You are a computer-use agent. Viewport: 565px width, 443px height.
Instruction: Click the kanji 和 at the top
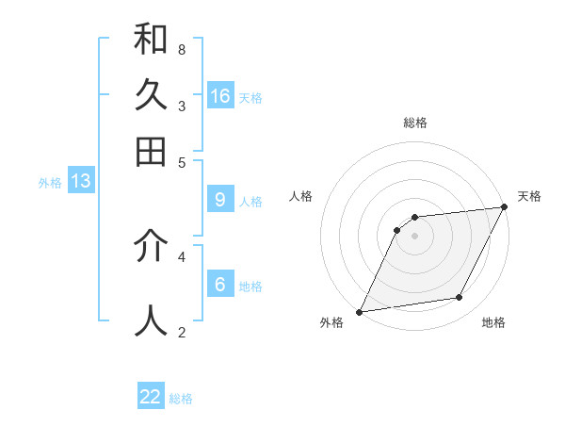point(151,40)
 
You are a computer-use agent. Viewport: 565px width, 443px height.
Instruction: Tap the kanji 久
point(151,95)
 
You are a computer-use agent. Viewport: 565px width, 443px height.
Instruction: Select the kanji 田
point(151,152)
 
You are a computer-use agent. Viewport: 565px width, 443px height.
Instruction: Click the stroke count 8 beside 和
point(181,49)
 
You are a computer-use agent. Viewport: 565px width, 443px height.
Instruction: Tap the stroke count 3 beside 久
point(181,106)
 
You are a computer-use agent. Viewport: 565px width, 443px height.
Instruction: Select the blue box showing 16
point(220,96)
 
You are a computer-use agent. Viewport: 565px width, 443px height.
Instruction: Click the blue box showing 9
point(220,200)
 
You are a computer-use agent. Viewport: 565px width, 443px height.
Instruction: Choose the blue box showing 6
point(220,285)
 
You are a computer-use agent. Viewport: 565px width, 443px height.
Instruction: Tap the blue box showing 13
point(81,181)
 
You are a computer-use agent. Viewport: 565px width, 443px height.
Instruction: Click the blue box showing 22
point(151,397)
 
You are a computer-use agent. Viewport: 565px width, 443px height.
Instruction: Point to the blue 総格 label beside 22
point(182,399)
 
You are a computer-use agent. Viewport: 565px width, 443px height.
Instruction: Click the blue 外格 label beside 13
point(50,183)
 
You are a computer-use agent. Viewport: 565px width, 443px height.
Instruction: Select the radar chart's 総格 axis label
point(415,123)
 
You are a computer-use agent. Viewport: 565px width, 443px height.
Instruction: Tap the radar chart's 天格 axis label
point(529,196)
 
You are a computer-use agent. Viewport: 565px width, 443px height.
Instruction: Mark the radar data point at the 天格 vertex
point(505,207)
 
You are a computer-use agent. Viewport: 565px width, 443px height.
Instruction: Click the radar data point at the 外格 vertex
point(359,312)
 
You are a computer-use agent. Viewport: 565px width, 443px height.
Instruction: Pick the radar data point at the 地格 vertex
point(460,298)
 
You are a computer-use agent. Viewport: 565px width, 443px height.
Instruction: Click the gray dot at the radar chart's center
point(415,236)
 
